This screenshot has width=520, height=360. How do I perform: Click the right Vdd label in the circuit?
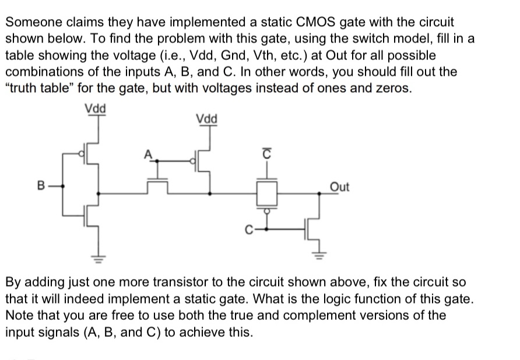(207, 119)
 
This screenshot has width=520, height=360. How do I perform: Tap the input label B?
(41, 188)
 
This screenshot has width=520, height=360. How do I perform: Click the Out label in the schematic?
(339, 187)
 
